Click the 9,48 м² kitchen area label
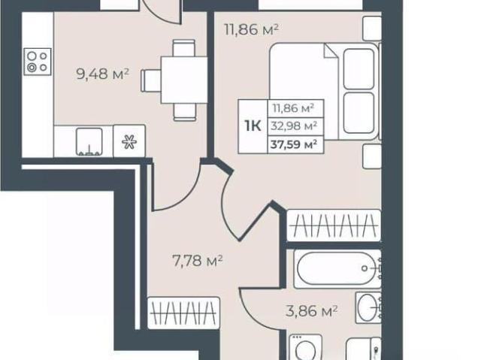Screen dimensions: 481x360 (102, 74)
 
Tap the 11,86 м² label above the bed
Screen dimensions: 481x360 (252, 30)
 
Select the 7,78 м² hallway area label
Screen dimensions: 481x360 (197, 261)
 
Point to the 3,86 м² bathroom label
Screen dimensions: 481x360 (311, 310)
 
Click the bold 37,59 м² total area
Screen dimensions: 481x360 (294, 144)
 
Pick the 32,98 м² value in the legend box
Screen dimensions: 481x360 (294, 126)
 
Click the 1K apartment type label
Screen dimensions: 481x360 (253, 126)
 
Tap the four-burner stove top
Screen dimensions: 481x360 (38, 62)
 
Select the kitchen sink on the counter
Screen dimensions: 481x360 (89, 141)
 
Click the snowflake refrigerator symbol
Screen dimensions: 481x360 (129, 142)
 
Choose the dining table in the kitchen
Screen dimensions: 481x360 (184, 80)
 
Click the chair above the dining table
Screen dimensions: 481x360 (183, 48)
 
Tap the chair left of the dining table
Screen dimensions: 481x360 (151, 80)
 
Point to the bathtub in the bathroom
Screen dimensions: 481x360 (337, 269)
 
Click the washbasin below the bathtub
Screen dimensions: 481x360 (368, 307)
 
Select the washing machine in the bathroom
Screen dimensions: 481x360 (306, 347)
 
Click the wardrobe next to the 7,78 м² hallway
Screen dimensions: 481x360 (183, 313)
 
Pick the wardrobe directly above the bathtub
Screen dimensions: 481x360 (334, 225)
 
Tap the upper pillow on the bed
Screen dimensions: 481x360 (359, 69)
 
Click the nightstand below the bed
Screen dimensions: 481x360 (372, 156)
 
